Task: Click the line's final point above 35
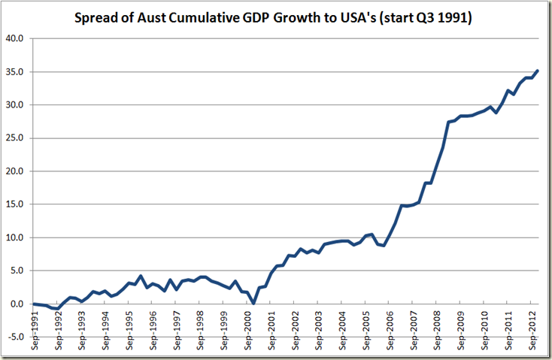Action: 537,71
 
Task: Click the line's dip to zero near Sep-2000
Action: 253,303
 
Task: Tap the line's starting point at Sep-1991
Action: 33,304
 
